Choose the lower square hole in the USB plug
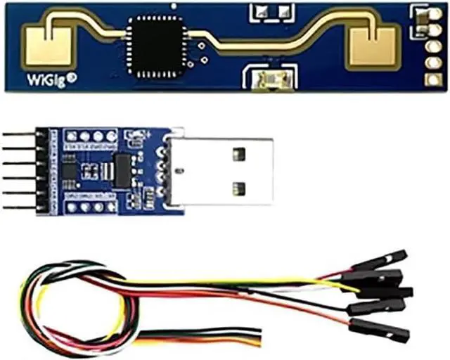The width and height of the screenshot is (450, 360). (x=238, y=188)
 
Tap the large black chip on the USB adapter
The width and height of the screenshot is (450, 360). (x=122, y=170)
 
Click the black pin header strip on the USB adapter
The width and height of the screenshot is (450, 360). (x=41, y=171)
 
